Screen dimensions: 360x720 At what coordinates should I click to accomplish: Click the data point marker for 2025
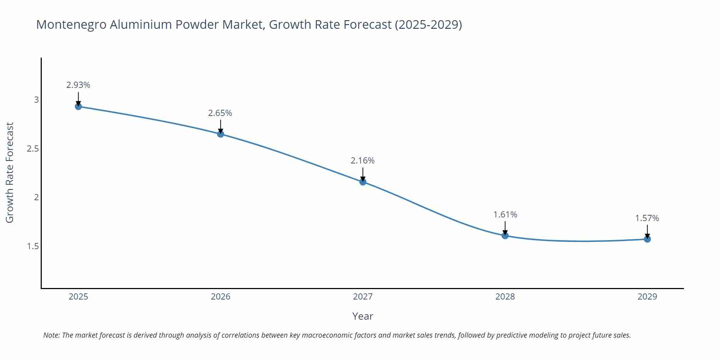coord(78,107)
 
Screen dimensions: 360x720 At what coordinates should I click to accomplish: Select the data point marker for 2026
coord(220,134)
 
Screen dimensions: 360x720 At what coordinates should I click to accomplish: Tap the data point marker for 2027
coord(363,182)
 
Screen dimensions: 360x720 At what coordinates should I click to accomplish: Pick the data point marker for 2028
coord(505,236)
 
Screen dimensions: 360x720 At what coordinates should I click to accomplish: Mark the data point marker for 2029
coord(647,239)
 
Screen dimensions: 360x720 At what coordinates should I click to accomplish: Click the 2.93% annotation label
coord(78,85)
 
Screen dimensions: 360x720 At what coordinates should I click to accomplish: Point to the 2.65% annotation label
coord(220,113)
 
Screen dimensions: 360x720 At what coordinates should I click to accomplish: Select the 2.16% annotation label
coord(363,161)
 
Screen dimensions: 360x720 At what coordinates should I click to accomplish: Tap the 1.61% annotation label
coord(505,215)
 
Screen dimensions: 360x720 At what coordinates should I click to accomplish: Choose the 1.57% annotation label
coord(647,219)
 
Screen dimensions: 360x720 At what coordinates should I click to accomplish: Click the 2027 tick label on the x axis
coord(363,297)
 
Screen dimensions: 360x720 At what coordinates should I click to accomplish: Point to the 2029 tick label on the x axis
coord(647,297)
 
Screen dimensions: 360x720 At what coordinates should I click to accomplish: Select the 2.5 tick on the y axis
coord(33,149)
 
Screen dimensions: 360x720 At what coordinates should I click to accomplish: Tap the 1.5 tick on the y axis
coord(33,247)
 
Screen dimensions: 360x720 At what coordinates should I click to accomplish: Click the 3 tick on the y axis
coord(36,100)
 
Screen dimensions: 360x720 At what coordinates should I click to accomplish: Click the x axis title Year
coord(363,316)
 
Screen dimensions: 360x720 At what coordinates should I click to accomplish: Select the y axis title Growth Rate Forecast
coord(10,173)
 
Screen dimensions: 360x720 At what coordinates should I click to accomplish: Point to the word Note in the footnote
coord(51,336)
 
